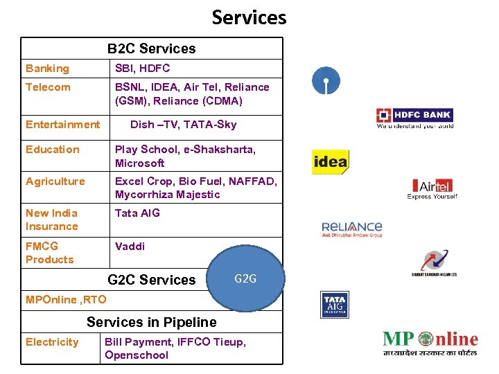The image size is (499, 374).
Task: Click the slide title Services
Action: pos(249,17)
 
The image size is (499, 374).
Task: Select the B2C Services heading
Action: pos(151,48)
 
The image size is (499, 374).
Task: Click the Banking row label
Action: pos(47,69)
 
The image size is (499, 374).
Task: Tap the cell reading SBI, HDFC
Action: pos(142,69)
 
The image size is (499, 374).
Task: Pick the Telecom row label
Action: pos(48,87)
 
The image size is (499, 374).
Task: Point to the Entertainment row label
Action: pos(62,125)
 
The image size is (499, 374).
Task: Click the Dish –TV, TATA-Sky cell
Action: pos(183,125)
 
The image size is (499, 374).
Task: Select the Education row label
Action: pos(53,150)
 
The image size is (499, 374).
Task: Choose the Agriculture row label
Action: pos(55,181)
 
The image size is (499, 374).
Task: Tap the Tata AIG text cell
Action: pos(137,213)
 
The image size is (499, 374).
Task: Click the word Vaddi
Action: pos(130,247)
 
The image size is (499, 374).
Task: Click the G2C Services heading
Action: pos(152,280)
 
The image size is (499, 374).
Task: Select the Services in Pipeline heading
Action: pos(151,322)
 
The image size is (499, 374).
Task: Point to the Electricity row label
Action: pos(52,342)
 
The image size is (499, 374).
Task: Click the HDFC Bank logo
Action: pos(414,118)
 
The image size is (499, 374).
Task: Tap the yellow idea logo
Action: pos(330,163)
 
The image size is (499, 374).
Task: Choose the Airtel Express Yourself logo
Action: pos(432,188)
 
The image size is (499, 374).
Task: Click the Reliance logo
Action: pos(352,229)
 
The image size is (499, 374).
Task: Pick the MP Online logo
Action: pos(430,344)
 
